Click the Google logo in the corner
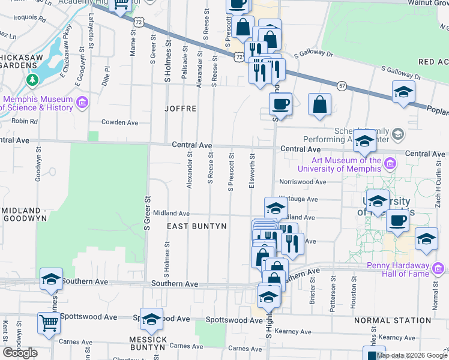20,353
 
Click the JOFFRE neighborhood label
181,109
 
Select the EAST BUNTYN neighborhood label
196,226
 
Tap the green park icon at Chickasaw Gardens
31,79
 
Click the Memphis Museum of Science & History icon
82,103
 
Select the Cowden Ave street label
120,122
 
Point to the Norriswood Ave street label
302,182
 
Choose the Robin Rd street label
25,121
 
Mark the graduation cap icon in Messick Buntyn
152,321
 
